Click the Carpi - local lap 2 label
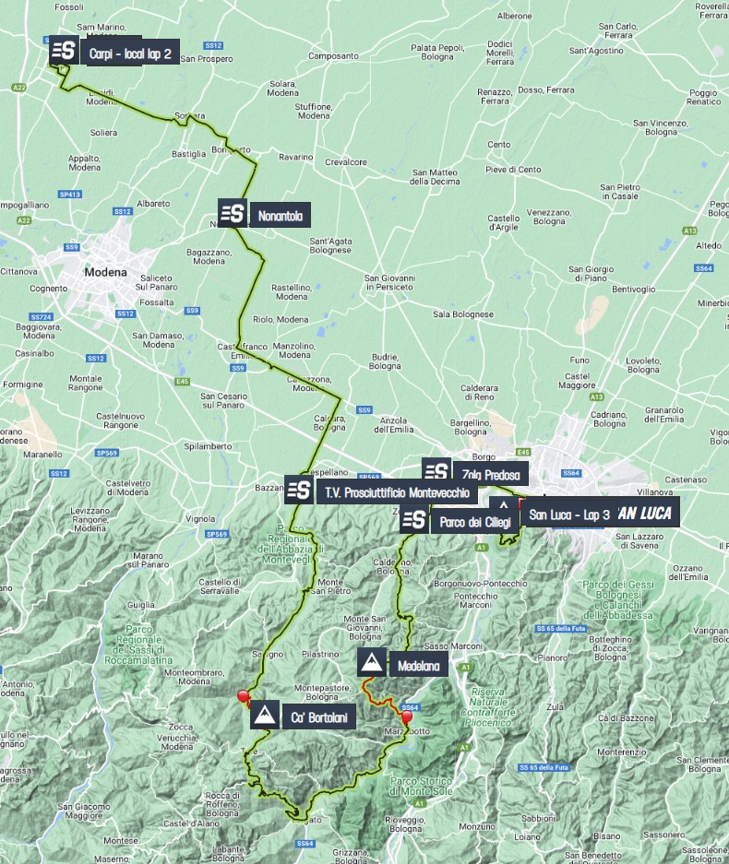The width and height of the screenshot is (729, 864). coord(130,53)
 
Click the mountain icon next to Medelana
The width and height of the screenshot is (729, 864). coord(372,663)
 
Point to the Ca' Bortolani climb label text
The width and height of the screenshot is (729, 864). coord(319,716)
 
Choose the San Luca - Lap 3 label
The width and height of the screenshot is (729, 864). coord(569,514)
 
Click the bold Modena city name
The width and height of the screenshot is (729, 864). coord(103,272)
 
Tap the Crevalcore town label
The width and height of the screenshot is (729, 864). coord(347,161)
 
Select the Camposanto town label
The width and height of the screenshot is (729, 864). coord(332,55)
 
